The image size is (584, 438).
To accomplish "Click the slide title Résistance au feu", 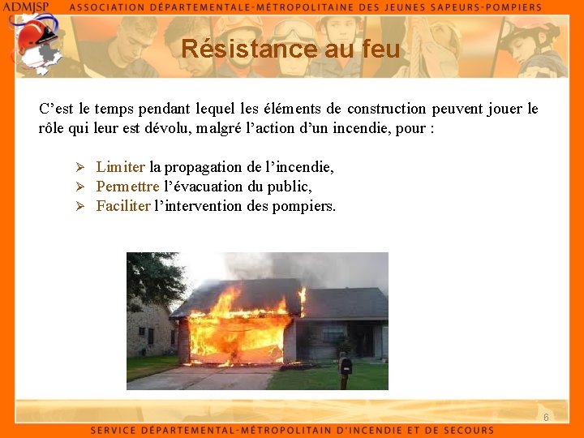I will tap(290, 49).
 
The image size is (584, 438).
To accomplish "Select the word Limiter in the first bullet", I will tap(120, 167).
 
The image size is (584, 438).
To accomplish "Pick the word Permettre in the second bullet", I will tap(127, 187).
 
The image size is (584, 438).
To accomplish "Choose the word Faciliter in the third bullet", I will tap(123, 206).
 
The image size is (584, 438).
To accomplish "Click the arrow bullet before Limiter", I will tap(80, 167).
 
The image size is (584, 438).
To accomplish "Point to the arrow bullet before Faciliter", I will tap(80, 206).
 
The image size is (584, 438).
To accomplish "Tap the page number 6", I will tap(546, 417).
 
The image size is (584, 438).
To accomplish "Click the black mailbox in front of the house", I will tap(345, 366).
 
